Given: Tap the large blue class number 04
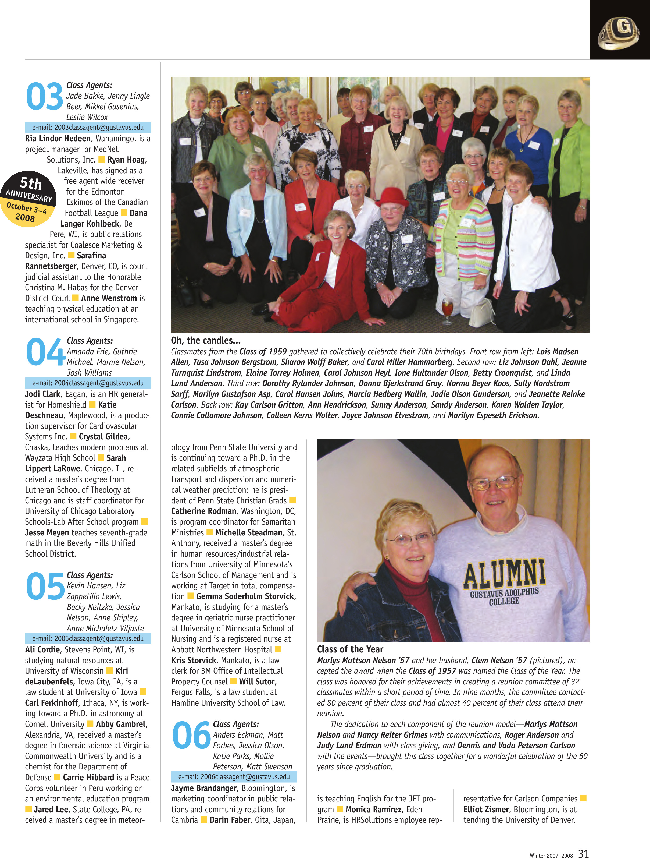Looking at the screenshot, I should tap(45, 351).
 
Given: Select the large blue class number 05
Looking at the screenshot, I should tap(45, 586).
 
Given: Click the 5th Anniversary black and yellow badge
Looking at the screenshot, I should tap(28, 199).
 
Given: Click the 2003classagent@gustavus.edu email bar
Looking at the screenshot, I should tap(88, 127).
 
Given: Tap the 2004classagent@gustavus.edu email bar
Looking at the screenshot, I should tap(88, 383).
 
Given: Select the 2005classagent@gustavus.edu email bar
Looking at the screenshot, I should tap(88, 638).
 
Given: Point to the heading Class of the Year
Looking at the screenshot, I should tap(350, 649).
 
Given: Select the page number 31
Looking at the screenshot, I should tap(583, 853).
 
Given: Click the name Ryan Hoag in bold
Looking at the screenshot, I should tap(126, 160).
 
